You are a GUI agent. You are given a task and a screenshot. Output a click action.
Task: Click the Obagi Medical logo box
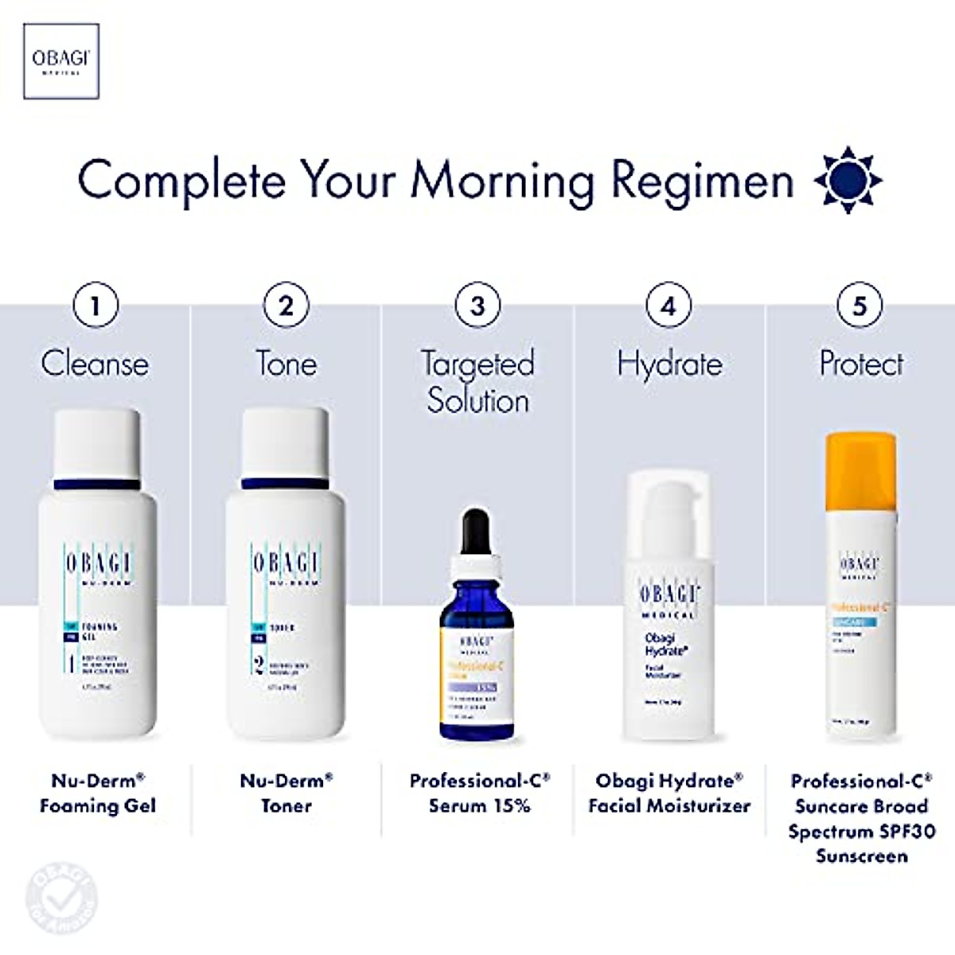tap(61, 61)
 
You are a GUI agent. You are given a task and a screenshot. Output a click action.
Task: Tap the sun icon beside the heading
tap(848, 180)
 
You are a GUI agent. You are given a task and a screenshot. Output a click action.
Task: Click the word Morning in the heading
tap(501, 181)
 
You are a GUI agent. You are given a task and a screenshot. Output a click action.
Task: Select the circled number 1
tap(95, 306)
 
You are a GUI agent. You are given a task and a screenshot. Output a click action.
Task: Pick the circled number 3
tap(477, 306)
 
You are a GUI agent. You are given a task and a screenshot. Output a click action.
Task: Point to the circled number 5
tap(859, 306)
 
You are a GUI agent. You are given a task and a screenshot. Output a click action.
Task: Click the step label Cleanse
tap(95, 364)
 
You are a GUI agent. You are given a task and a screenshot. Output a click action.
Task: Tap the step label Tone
tap(286, 364)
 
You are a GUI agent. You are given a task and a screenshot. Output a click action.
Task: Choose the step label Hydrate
tap(669, 364)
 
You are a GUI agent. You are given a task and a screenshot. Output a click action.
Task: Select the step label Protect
tap(861, 364)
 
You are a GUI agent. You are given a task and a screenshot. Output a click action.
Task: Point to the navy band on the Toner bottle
tap(286, 483)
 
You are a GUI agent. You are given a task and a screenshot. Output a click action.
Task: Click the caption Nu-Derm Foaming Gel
tap(97, 793)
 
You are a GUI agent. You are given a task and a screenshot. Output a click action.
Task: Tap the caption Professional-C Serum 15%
tap(479, 793)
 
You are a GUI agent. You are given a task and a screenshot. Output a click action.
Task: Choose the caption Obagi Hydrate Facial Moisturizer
tap(669, 793)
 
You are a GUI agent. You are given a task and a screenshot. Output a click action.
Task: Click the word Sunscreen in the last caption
tap(861, 856)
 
